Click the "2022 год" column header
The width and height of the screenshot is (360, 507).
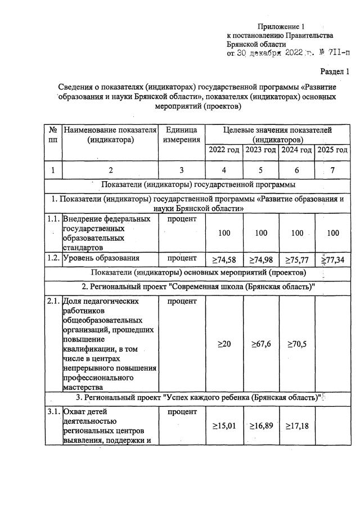(x=224, y=150)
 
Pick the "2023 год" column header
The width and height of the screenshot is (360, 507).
(x=261, y=150)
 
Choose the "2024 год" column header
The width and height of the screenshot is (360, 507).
(x=296, y=150)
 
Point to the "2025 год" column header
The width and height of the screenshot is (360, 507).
(x=332, y=150)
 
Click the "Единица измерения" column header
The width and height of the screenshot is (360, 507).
(x=181, y=134)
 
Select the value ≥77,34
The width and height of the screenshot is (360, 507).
(x=332, y=259)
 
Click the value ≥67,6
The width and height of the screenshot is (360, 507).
(x=261, y=344)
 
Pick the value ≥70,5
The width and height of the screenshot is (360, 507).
(x=296, y=344)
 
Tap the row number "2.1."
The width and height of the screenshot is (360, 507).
(x=53, y=301)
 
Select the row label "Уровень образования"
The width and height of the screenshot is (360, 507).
(x=101, y=258)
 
